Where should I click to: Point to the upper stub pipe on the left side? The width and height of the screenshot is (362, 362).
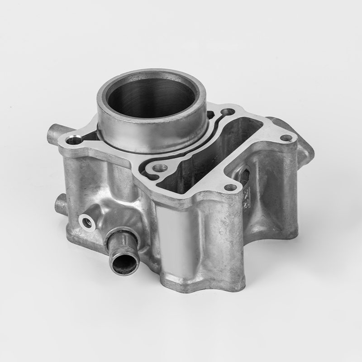[53, 135]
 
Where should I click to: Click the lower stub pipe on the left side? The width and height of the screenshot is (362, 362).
[60, 205]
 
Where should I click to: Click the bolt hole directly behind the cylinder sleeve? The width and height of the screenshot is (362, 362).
[229, 112]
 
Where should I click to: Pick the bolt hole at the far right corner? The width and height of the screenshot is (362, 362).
[285, 138]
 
